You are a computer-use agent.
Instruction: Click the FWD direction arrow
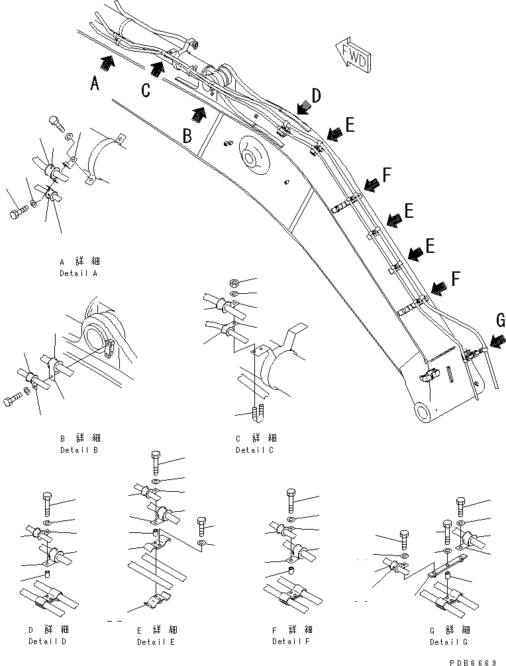(x=353, y=58)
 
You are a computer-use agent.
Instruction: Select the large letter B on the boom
(x=188, y=136)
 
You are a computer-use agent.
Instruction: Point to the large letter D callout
(x=317, y=96)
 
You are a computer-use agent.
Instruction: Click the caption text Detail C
(x=254, y=450)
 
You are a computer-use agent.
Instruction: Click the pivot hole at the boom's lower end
(x=423, y=412)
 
